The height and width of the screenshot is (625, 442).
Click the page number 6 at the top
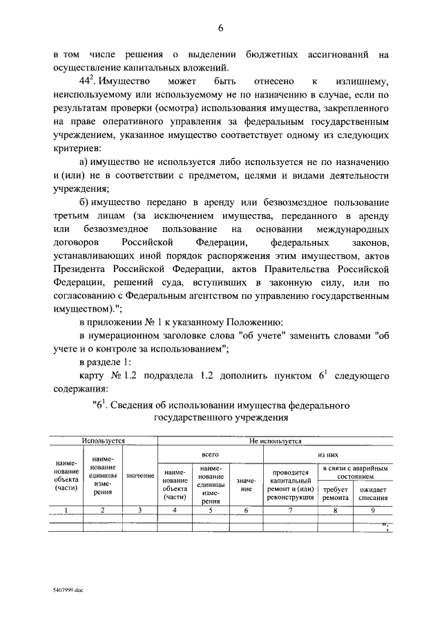[x=221, y=28]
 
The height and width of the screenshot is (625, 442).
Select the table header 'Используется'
[x=103, y=440]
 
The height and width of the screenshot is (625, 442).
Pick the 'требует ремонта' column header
[x=335, y=493]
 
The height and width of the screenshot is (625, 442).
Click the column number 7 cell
[x=290, y=510]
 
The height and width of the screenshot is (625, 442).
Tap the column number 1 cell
[x=66, y=510]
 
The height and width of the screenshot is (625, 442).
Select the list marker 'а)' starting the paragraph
[x=85, y=161]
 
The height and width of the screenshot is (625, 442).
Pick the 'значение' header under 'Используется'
[x=140, y=476]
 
